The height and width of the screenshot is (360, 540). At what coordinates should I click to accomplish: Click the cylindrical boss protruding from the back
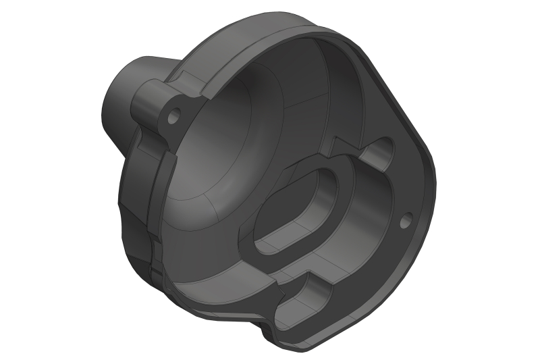pyautogui.click(x=122, y=95)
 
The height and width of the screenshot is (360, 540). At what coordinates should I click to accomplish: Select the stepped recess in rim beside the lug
pyautogui.click(x=192, y=81)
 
